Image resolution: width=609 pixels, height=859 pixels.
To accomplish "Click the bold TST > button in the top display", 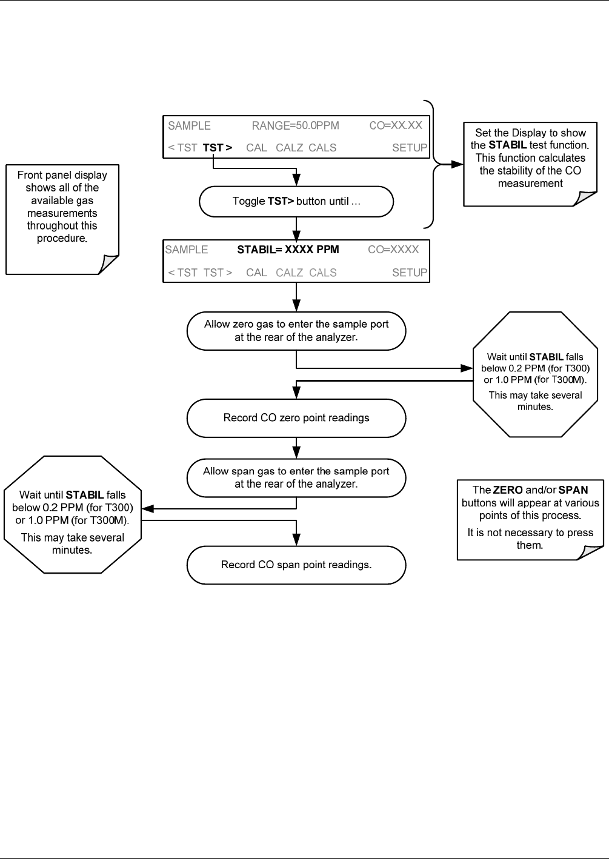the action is [218, 148].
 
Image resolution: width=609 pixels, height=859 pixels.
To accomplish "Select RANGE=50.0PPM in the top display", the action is [295, 125].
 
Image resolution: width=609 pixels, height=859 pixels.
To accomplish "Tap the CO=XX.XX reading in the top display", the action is [395, 125].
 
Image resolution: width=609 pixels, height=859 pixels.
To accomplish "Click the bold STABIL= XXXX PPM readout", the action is [288, 250].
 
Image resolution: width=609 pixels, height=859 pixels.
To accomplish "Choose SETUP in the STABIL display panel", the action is [409, 273].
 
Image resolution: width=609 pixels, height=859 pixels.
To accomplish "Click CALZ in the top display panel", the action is [289, 148].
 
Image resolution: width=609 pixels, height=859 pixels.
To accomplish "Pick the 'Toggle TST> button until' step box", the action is [296, 202].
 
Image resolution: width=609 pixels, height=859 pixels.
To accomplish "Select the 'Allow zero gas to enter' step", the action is [296, 331].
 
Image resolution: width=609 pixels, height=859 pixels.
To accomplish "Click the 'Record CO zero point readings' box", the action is [296, 418].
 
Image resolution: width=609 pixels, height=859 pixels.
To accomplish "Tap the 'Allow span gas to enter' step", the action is [296, 478].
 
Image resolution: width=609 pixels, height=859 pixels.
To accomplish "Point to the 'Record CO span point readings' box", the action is [296, 565].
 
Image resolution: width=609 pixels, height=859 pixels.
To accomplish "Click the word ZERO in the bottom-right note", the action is [508, 490].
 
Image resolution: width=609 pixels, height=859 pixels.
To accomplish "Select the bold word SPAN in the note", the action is [573, 490].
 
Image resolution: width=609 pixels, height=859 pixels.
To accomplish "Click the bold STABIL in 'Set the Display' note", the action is [507, 145].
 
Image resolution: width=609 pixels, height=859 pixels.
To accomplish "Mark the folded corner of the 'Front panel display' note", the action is [108, 265].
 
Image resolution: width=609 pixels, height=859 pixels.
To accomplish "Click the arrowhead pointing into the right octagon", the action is [467, 368].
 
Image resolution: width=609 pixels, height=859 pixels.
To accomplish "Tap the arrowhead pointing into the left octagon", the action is [148, 509].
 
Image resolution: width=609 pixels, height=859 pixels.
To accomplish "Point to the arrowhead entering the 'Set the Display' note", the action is [457, 165].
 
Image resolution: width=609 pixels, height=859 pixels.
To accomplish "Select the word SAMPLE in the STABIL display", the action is [187, 250].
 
